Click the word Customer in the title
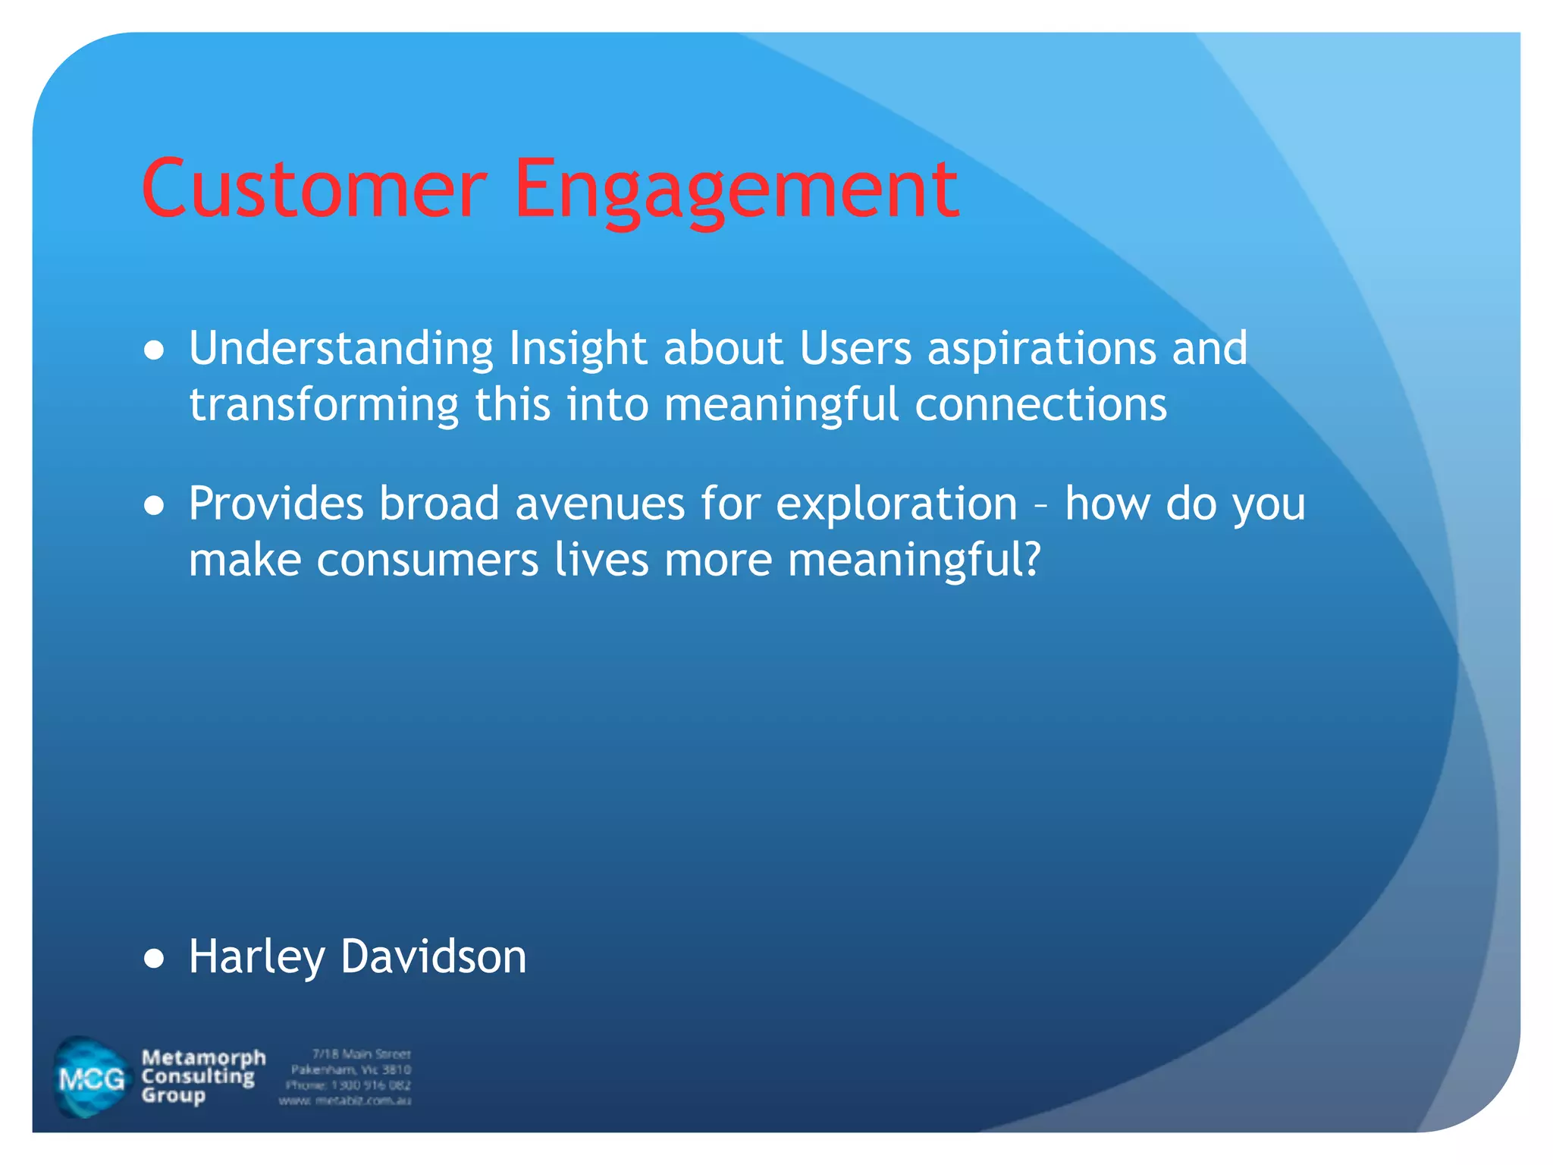click(x=313, y=188)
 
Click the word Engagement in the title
click(x=736, y=190)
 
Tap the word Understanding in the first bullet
click(x=340, y=349)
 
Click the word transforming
click(x=324, y=405)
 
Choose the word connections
click(x=1040, y=405)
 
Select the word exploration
click(x=896, y=505)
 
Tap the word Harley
click(x=256, y=958)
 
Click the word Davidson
click(x=433, y=956)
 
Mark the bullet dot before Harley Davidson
click(x=154, y=959)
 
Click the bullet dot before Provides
click(x=154, y=506)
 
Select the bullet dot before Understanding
click(x=154, y=350)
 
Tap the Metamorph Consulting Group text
click(x=202, y=1076)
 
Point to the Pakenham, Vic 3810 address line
click(x=350, y=1069)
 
